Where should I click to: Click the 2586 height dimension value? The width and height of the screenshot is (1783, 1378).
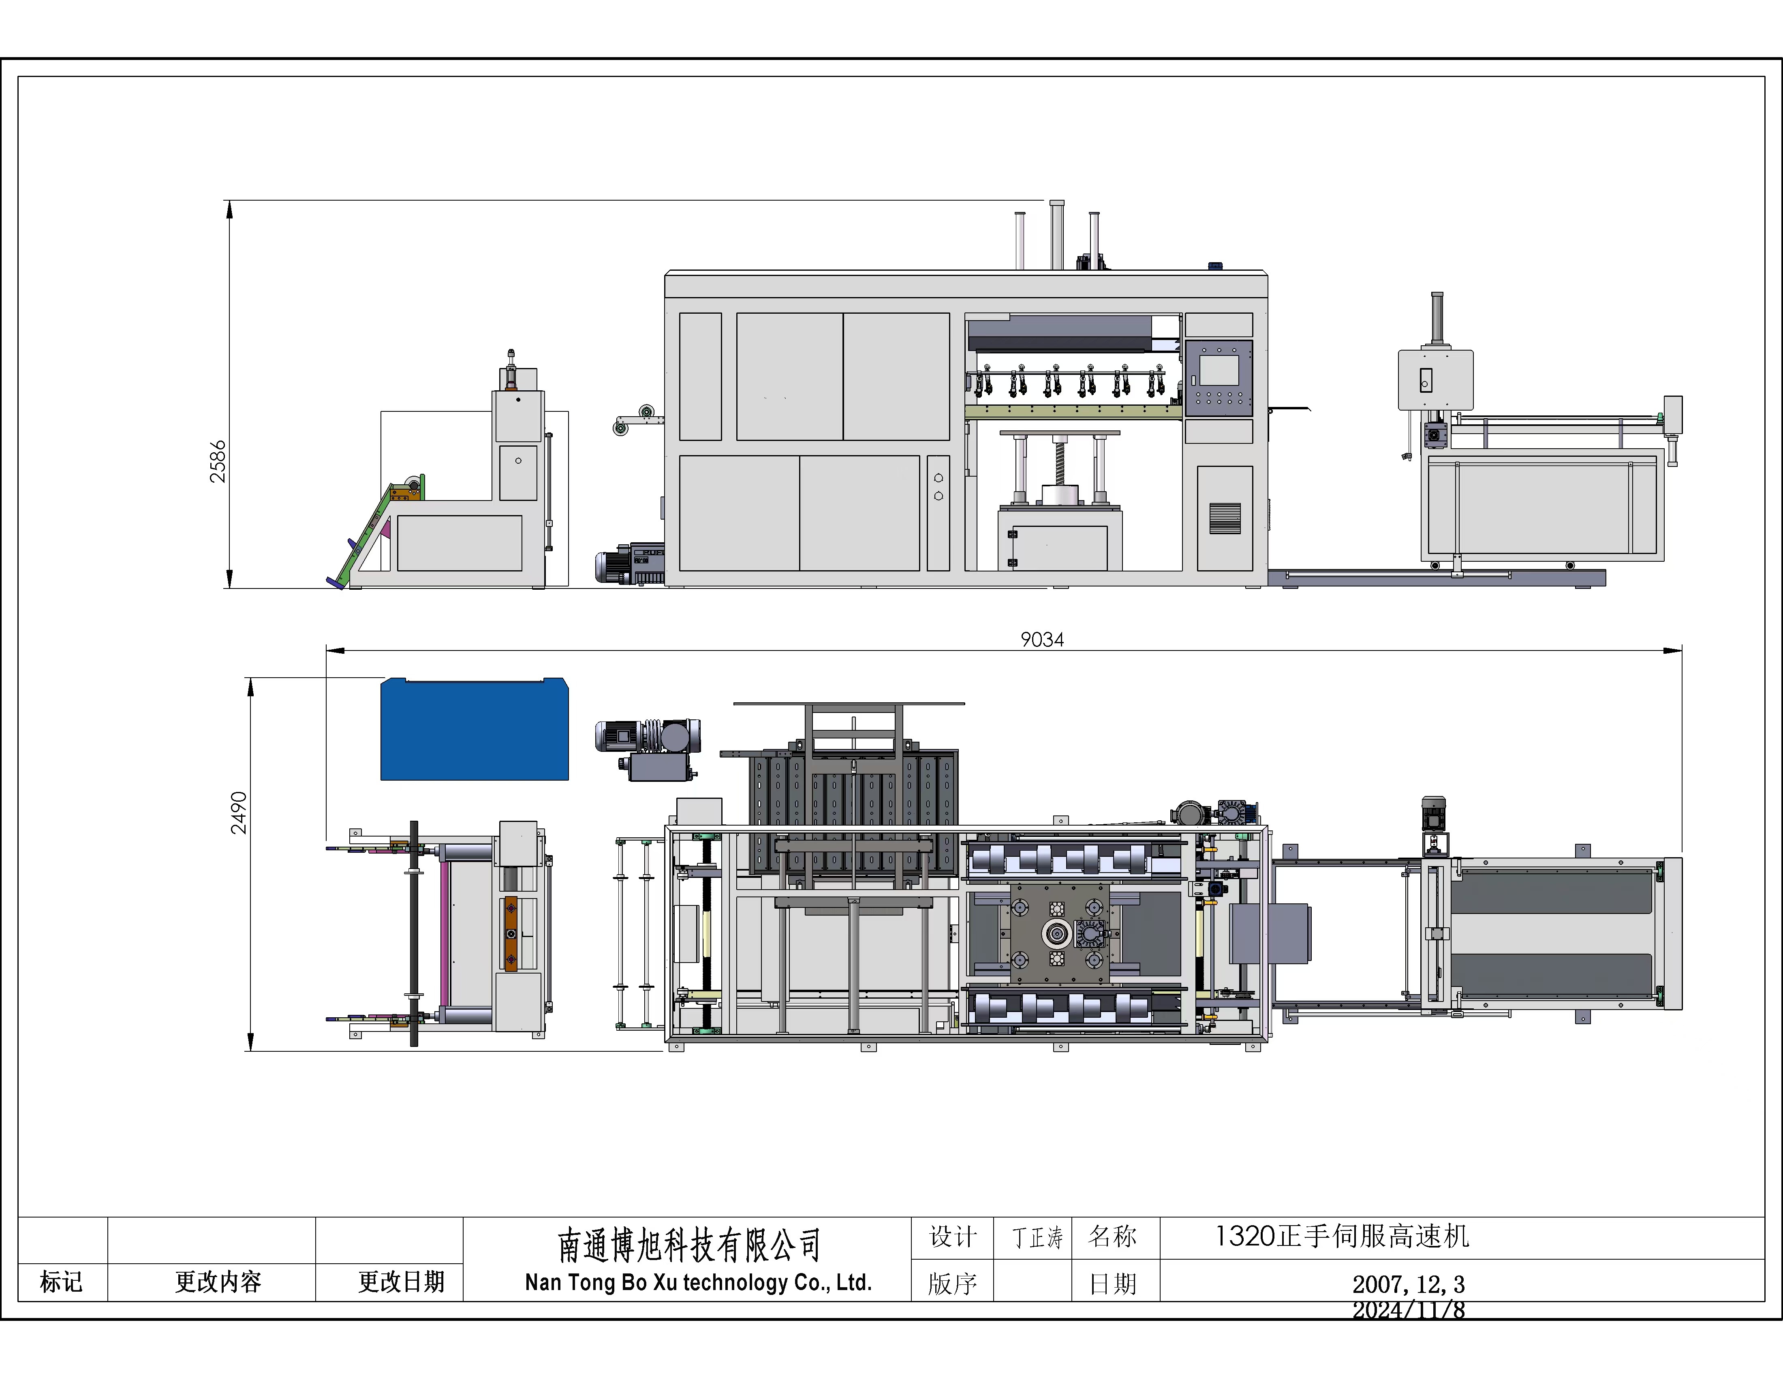click(x=217, y=462)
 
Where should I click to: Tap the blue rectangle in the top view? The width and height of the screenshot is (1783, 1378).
click(x=475, y=729)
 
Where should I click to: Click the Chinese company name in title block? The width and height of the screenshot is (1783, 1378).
click(x=688, y=1245)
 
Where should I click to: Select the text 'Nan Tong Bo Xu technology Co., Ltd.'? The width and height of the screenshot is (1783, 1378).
click(x=698, y=1282)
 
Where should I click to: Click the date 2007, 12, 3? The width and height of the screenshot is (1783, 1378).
click(x=1408, y=1284)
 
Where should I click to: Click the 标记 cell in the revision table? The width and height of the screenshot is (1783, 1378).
click(x=62, y=1282)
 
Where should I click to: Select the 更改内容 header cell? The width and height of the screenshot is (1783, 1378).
click(x=218, y=1282)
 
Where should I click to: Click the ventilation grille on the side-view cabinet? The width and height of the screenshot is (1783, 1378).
click(x=1225, y=518)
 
